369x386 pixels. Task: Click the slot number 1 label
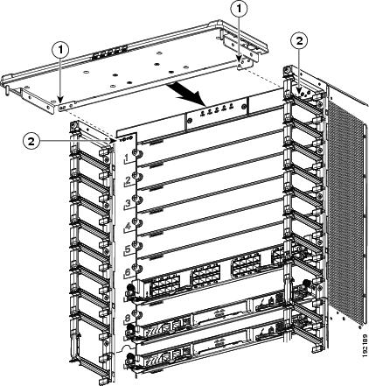point(127,158)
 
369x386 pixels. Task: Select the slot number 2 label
point(128,180)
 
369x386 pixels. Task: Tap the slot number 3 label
point(128,203)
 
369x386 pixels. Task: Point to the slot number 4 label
point(128,226)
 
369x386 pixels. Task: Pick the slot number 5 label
point(128,249)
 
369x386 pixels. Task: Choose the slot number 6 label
point(128,272)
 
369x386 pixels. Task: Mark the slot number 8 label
point(128,318)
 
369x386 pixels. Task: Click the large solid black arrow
point(187,95)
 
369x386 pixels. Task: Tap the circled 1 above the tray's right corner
point(240,10)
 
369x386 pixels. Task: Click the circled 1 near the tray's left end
point(60,50)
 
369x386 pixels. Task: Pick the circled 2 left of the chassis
point(31,141)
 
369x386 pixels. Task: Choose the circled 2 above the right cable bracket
point(300,41)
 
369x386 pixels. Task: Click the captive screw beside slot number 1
point(136,153)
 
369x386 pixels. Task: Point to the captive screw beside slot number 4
point(136,222)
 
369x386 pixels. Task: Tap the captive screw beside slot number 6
point(136,268)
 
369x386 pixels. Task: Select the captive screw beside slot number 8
point(136,314)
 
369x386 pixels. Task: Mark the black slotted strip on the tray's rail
point(110,53)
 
